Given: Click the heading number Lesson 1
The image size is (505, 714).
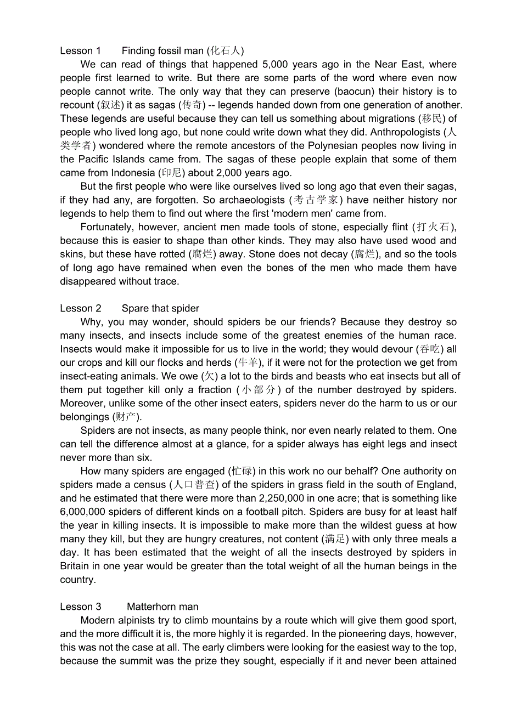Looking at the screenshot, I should (x=80, y=51).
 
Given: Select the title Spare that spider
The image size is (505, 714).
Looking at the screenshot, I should (x=160, y=308).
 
